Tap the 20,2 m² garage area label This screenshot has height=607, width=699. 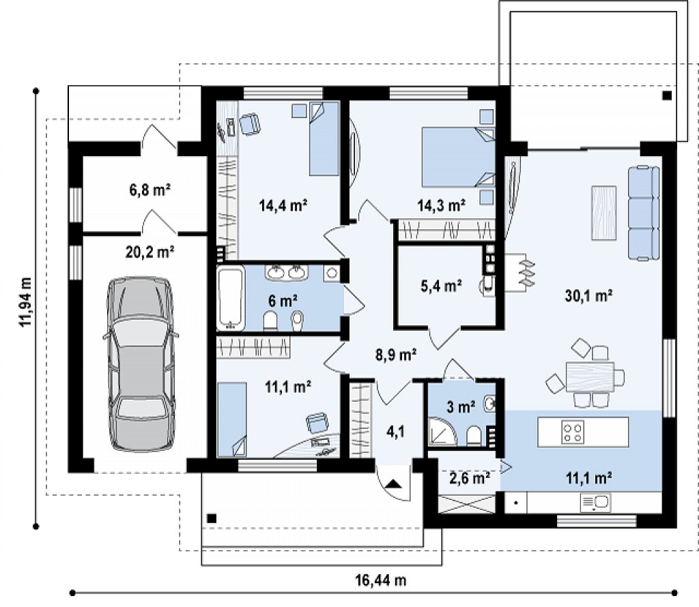click(149, 252)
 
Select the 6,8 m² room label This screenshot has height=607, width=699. click(150, 190)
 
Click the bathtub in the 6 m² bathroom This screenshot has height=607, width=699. click(231, 297)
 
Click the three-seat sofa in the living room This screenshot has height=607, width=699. click(644, 212)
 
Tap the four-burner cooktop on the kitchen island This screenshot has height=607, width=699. click(573, 432)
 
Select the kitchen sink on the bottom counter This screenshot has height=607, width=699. click(595, 503)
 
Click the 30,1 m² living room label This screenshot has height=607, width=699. click(588, 296)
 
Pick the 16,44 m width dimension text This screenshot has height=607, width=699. click(381, 580)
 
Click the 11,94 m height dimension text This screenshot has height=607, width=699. click(25, 302)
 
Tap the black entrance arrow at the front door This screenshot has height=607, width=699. click(393, 484)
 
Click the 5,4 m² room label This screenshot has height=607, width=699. click(441, 286)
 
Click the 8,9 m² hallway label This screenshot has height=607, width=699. click(396, 355)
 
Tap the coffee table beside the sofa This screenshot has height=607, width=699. click(604, 212)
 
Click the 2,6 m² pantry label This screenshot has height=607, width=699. click(470, 478)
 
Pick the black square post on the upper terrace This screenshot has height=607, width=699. click(667, 95)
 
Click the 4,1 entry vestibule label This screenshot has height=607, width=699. click(395, 432)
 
